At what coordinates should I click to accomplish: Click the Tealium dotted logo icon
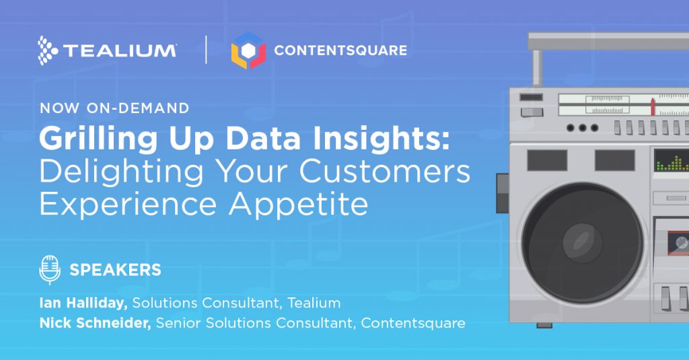(48, 50)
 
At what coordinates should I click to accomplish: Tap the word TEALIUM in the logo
(120, 50)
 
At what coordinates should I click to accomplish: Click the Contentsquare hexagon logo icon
(248, 50)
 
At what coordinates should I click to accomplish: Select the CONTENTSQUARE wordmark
(340, 50)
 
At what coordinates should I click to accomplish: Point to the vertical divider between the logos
(206, 50)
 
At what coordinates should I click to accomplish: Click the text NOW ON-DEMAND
(114, 108)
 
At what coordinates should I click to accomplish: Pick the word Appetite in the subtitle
(298, 204)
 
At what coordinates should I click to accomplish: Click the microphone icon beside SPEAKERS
(50, 269)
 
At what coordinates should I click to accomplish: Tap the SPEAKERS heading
(116, 270)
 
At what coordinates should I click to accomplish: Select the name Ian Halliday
(83, 303)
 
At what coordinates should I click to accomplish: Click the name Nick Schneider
(96, 323)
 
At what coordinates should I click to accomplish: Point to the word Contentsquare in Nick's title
(413, 324)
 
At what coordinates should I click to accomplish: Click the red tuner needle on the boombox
(653, 107)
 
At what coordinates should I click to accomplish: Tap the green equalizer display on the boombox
(672, 160)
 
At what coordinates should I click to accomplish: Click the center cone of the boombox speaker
(583, 244)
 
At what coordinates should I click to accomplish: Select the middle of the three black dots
(583, 128)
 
